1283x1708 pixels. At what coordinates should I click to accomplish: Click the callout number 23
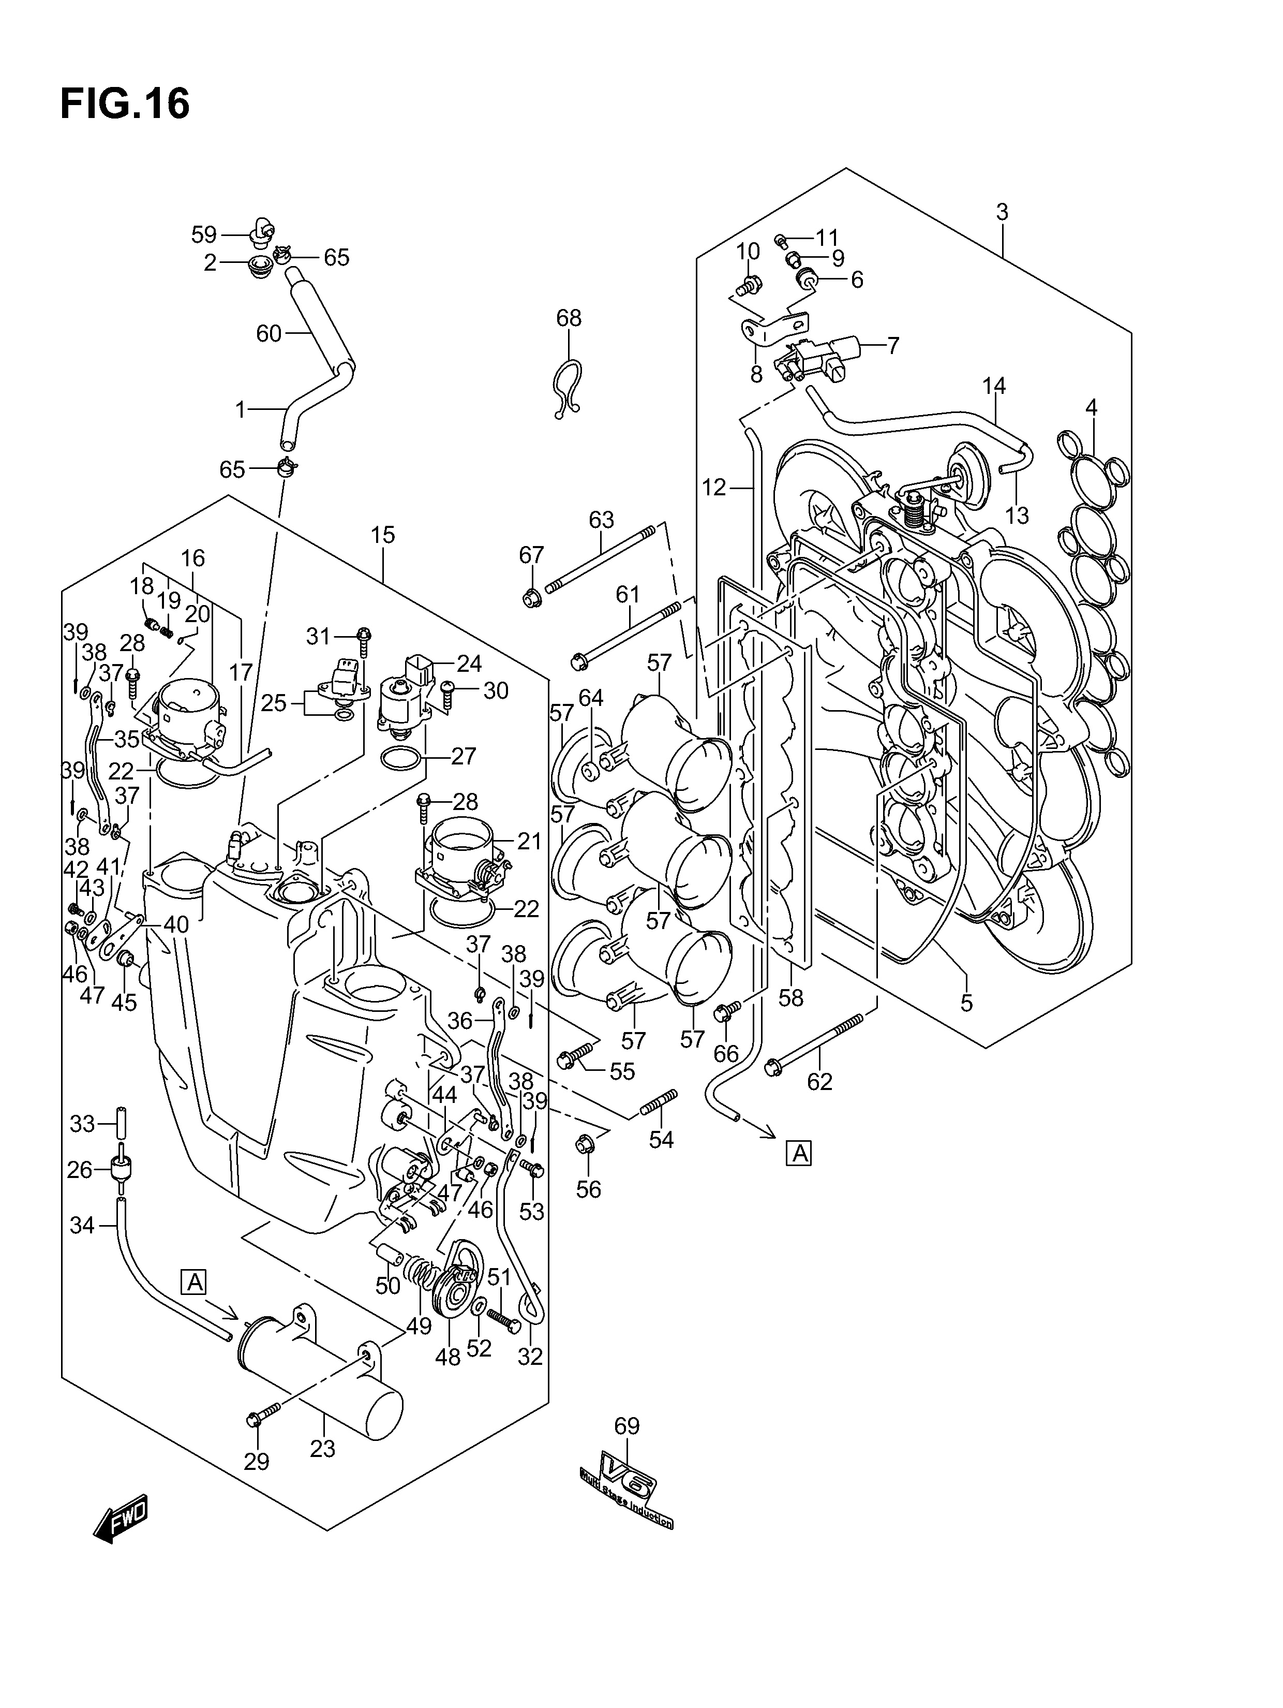(323, 1449)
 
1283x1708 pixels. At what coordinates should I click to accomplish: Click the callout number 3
(1002, 212)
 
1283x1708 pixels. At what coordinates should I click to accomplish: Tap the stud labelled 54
(659, 1102)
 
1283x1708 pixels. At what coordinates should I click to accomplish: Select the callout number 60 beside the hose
(268, 333)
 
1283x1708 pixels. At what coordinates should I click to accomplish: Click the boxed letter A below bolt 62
(799, 1175)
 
